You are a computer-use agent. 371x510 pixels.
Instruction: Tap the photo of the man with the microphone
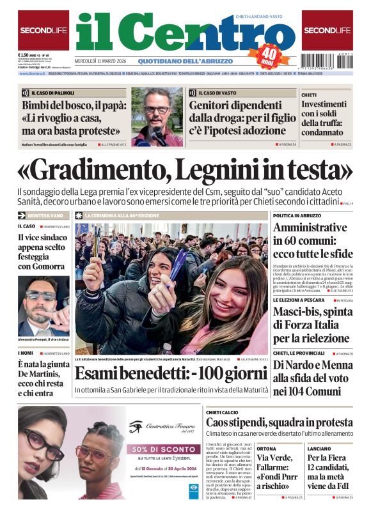(157, 116)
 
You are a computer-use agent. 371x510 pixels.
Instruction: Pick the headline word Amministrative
(310, 228)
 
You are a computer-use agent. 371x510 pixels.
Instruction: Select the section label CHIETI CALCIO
(223, 413)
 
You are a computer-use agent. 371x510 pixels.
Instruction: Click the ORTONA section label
(267, 449)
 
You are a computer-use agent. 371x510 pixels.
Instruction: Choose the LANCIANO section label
(319, 449)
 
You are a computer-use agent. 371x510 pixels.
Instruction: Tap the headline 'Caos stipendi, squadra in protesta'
(278, 422)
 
